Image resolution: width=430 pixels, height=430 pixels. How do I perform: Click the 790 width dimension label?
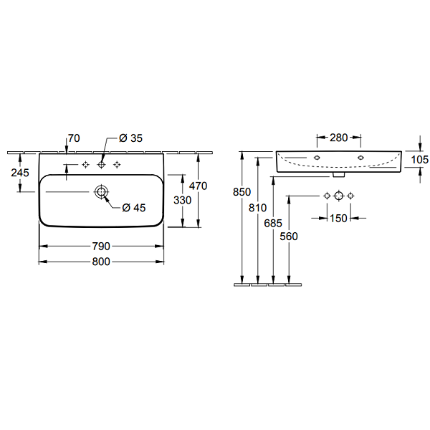[x=101, y=247]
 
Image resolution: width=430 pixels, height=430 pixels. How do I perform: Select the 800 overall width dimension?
[x=101, y=262]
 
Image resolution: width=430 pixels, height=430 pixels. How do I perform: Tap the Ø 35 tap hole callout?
[x=131, y=138]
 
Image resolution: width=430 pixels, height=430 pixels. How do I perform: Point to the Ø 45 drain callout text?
[x=134, y=208]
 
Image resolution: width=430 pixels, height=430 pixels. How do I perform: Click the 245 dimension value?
[x=20, y=173]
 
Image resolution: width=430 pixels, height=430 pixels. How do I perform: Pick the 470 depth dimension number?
[x=198, y=186]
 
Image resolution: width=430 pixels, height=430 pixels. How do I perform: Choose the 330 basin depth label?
[x=182, y=200]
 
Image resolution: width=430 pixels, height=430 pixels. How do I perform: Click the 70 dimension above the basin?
[x=74, y=138]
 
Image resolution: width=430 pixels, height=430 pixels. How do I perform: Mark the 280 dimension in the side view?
[x=339, y=138]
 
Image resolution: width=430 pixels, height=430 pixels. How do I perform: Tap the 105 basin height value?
[x=419, y=159]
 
